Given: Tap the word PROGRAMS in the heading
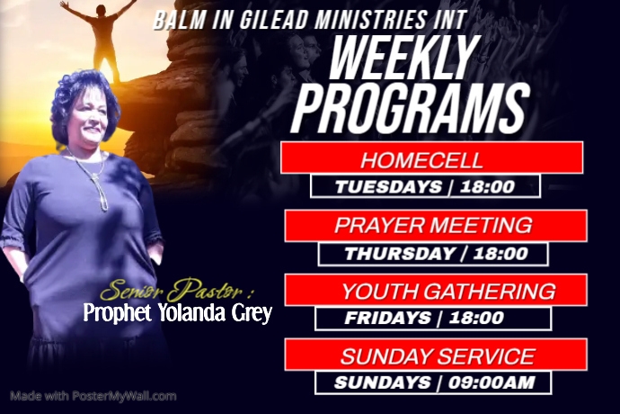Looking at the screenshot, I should pos(408,111).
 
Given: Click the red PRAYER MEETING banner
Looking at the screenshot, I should pos(435,225).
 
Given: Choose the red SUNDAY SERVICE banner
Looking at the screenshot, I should pos(437,355).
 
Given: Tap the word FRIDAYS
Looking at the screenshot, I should pos(387,318).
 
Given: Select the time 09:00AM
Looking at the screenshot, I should pos(492,382).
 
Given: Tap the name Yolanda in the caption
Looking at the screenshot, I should pos(190,313).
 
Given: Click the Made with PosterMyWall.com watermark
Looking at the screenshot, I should pos(93,395).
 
